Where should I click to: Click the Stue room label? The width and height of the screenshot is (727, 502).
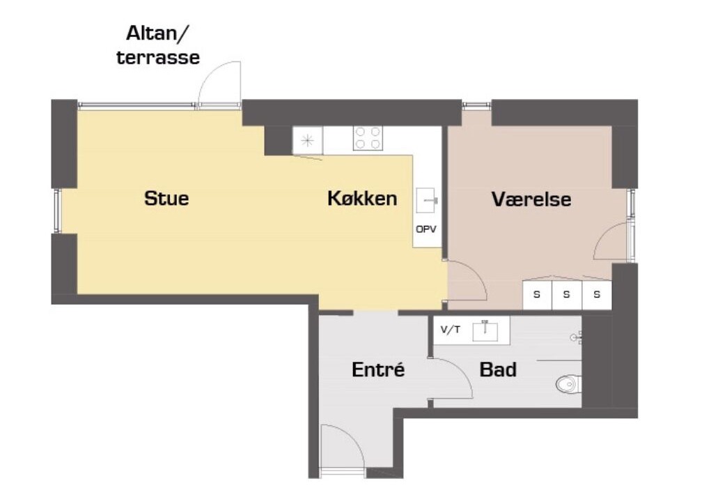pos(166,198)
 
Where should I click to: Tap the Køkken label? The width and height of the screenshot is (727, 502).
pos(362,198)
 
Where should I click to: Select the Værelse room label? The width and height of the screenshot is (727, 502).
pos(531,199)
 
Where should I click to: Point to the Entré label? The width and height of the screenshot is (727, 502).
pos(378,370)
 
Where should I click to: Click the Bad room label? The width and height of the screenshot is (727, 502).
pos(498,370)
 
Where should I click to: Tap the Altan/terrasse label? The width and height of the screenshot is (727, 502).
pos(158,45)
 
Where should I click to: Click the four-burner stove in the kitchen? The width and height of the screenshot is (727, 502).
pos(368,138)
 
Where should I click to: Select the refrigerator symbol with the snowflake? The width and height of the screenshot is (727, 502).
pos(307,140)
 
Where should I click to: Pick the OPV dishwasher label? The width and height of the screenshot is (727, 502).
pos(426,229)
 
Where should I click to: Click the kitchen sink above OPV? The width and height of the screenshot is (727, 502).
pos(428,200)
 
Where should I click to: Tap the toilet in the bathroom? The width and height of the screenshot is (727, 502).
pos(568,383)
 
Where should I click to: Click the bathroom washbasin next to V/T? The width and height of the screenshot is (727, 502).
pos(485,331)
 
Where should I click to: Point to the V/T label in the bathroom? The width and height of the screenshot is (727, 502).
pos(451,330)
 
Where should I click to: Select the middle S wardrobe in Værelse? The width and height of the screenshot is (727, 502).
pos(567,294)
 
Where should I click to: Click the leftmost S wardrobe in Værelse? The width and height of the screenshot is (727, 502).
pos(537,294)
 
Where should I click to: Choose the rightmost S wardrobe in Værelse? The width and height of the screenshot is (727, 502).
pos(597,294)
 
